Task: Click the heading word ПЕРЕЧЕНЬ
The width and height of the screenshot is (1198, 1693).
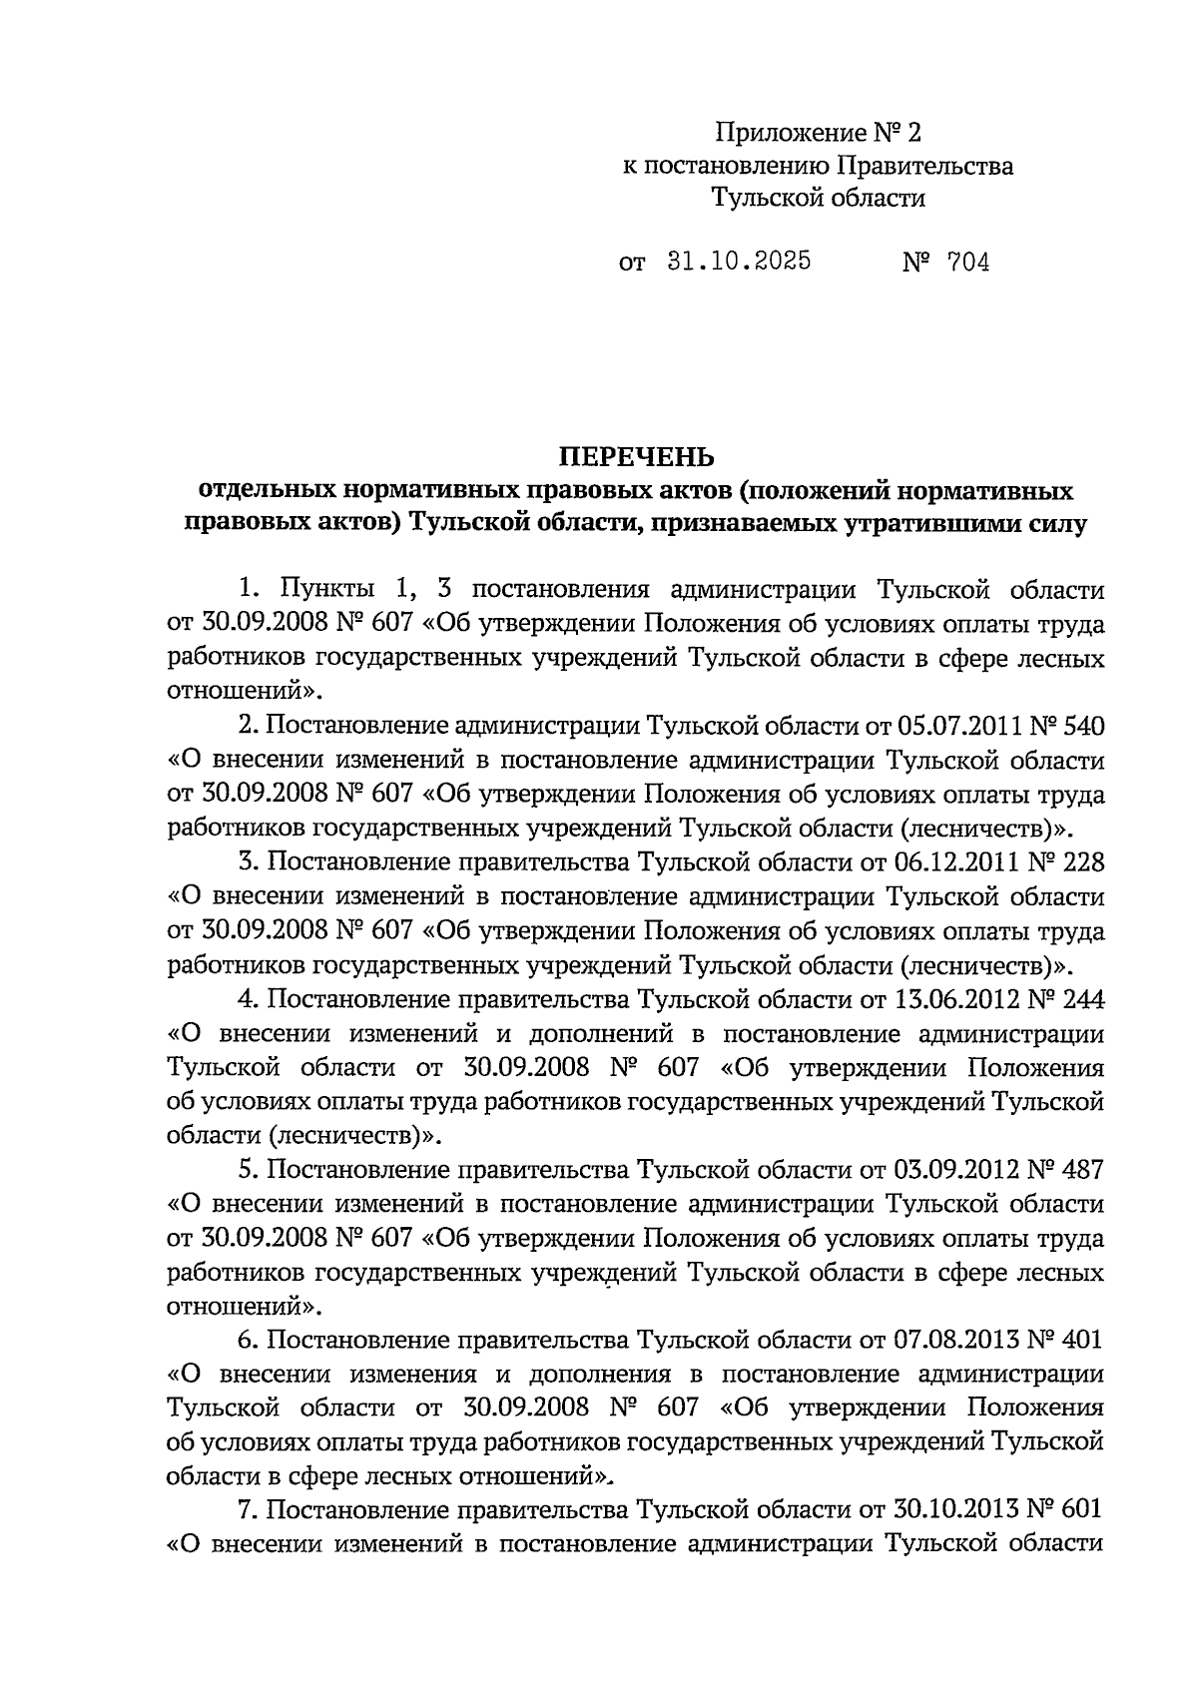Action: pyautogui.click(x=636, y=457)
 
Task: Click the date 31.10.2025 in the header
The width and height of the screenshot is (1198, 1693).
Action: pyautogui.click(x=738, y=263)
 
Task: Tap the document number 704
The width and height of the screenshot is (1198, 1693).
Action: pyautogui.click(x=969, y=264)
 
